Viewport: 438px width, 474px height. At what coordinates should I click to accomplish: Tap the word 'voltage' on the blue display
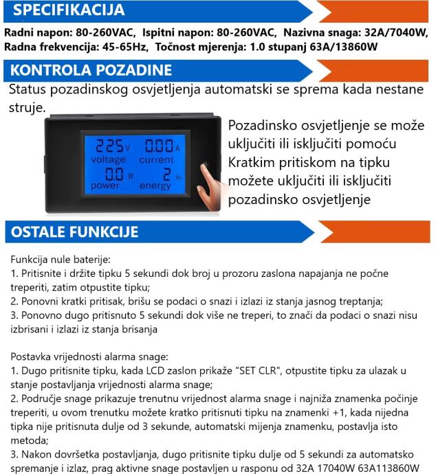coord(108,159)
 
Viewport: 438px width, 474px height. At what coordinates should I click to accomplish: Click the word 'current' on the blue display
coord(157,159)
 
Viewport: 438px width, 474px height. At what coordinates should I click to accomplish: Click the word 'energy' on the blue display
coord(155,185)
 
